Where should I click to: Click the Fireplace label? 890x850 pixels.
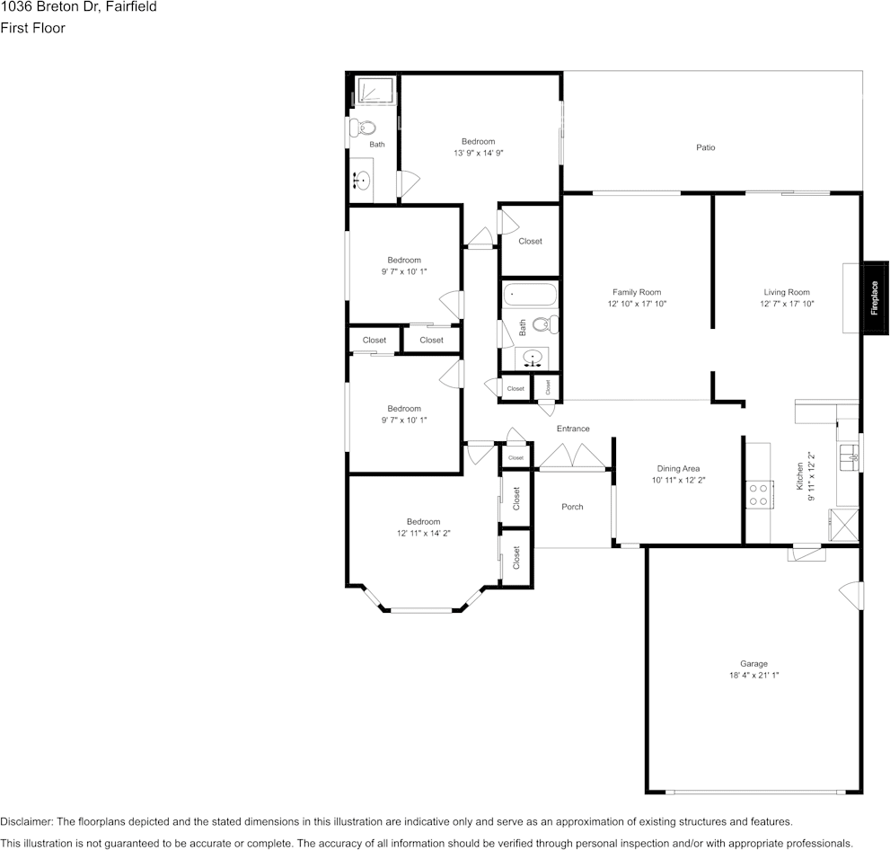point(874,298)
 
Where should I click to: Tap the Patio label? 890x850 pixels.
point(706,147)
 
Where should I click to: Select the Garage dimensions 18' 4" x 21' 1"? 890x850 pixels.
point(753,675)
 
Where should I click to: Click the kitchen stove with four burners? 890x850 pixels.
point(759,494)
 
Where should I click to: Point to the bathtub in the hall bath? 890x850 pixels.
point(530,295)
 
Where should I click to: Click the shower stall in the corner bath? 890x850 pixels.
point(375,91)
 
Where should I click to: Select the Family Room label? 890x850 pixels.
point(636,292)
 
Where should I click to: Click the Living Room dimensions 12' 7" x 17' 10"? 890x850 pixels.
point(787,304)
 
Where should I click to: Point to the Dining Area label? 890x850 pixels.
point(678,468)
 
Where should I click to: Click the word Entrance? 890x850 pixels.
point(573,429)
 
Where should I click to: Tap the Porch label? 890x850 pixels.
point(572,507)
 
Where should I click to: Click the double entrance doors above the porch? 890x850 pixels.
point(573,457)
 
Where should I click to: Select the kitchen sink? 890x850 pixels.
point(850,457)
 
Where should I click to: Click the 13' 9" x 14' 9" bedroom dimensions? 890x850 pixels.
point(479,153)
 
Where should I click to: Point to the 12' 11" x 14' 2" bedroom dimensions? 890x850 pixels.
point(423,533)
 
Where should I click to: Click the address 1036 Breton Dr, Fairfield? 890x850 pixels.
point(78,7)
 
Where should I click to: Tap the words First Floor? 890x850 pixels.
point(33,28)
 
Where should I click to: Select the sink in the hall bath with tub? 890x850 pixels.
point(532,359)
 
